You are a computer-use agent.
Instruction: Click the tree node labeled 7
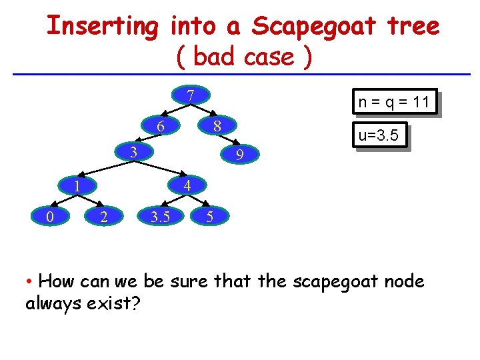point(190,95)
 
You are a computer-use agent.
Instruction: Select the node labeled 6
point(160,126)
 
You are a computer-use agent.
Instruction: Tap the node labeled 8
point(217,126)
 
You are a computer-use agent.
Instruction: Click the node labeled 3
point(133,152)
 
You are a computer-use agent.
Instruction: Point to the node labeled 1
point(77,186)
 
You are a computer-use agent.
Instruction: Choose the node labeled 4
point(188,186)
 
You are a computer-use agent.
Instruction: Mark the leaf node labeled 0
point(51,216)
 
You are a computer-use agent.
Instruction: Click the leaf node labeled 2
point(103,216)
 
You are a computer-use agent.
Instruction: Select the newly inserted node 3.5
point(159,216)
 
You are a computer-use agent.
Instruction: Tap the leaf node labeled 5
point(210,216)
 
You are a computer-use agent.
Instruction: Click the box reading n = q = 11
point(393,102)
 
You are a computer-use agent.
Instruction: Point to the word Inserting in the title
point(103,27)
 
